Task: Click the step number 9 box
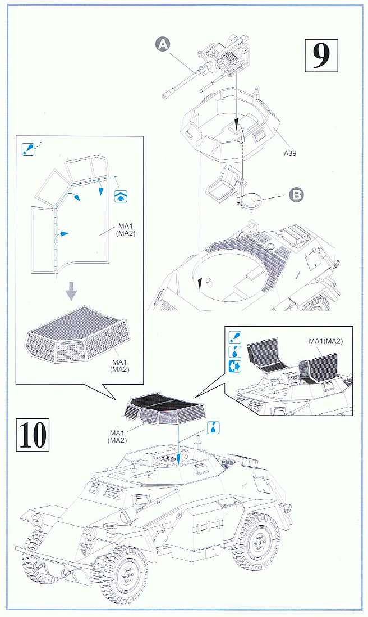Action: click(321, 56)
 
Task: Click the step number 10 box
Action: click(33, 435)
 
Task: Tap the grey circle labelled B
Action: click(296, 195)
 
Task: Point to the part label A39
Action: click(290, 154)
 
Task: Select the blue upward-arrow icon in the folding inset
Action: click(121, 196)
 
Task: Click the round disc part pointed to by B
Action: click(252, 201)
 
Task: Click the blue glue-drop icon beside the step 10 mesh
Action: click(213, 428)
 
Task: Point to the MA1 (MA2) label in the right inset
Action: click(325, 341)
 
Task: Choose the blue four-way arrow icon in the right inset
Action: click(235, 366)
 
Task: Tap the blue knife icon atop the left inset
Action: click(27, 148)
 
